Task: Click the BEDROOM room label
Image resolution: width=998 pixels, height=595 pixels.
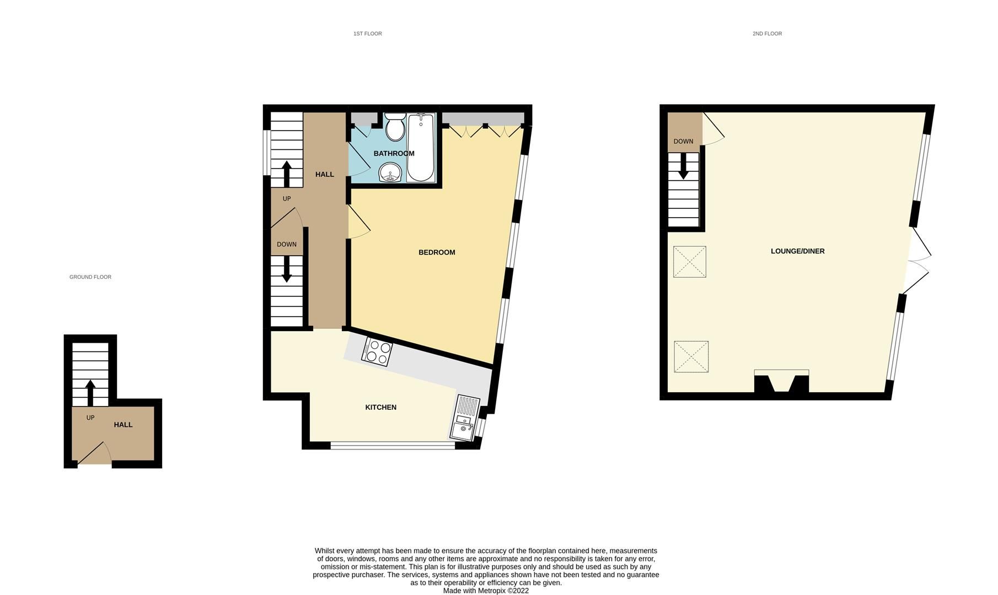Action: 437,252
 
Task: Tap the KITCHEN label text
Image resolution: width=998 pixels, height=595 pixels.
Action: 380,407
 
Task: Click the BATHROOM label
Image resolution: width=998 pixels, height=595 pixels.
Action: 394,153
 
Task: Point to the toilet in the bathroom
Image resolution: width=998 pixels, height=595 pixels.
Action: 395,127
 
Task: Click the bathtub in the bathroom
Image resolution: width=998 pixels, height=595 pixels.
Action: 421,147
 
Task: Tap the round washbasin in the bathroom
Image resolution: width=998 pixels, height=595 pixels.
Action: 391,173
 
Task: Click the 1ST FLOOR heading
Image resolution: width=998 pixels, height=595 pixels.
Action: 367,34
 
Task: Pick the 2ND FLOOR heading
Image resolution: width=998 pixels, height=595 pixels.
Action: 767,34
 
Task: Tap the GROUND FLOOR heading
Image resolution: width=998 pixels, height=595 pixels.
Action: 90,277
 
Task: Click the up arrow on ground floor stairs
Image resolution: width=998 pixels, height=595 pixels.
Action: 90,392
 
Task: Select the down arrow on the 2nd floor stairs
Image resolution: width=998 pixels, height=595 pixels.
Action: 683,166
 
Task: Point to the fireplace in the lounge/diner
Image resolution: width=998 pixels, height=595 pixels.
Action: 781,382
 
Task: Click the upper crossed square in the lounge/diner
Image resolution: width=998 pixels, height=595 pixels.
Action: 689,262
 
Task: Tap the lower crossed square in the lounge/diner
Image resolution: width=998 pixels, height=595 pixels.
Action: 691,356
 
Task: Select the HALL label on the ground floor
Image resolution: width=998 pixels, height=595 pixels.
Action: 123,425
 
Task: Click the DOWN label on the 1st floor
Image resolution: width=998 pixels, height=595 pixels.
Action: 287,244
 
